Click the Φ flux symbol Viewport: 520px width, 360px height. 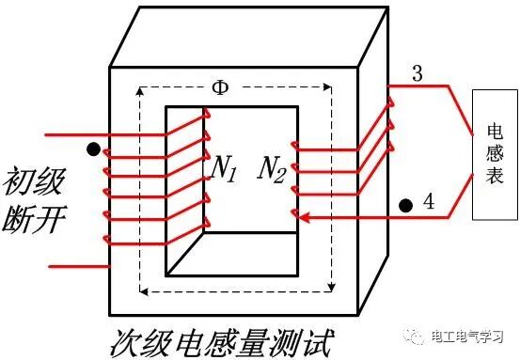pyautogui.click(x=220, y=87)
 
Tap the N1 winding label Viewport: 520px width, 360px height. pyautogui.click(x=223, y=168)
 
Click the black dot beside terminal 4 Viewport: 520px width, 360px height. pyautogui.click(x=406, y=204)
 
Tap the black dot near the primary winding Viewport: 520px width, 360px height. pyautogui.click(x=92, y=149)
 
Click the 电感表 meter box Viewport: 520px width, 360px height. pyautogui.click(x=495, y=154)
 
